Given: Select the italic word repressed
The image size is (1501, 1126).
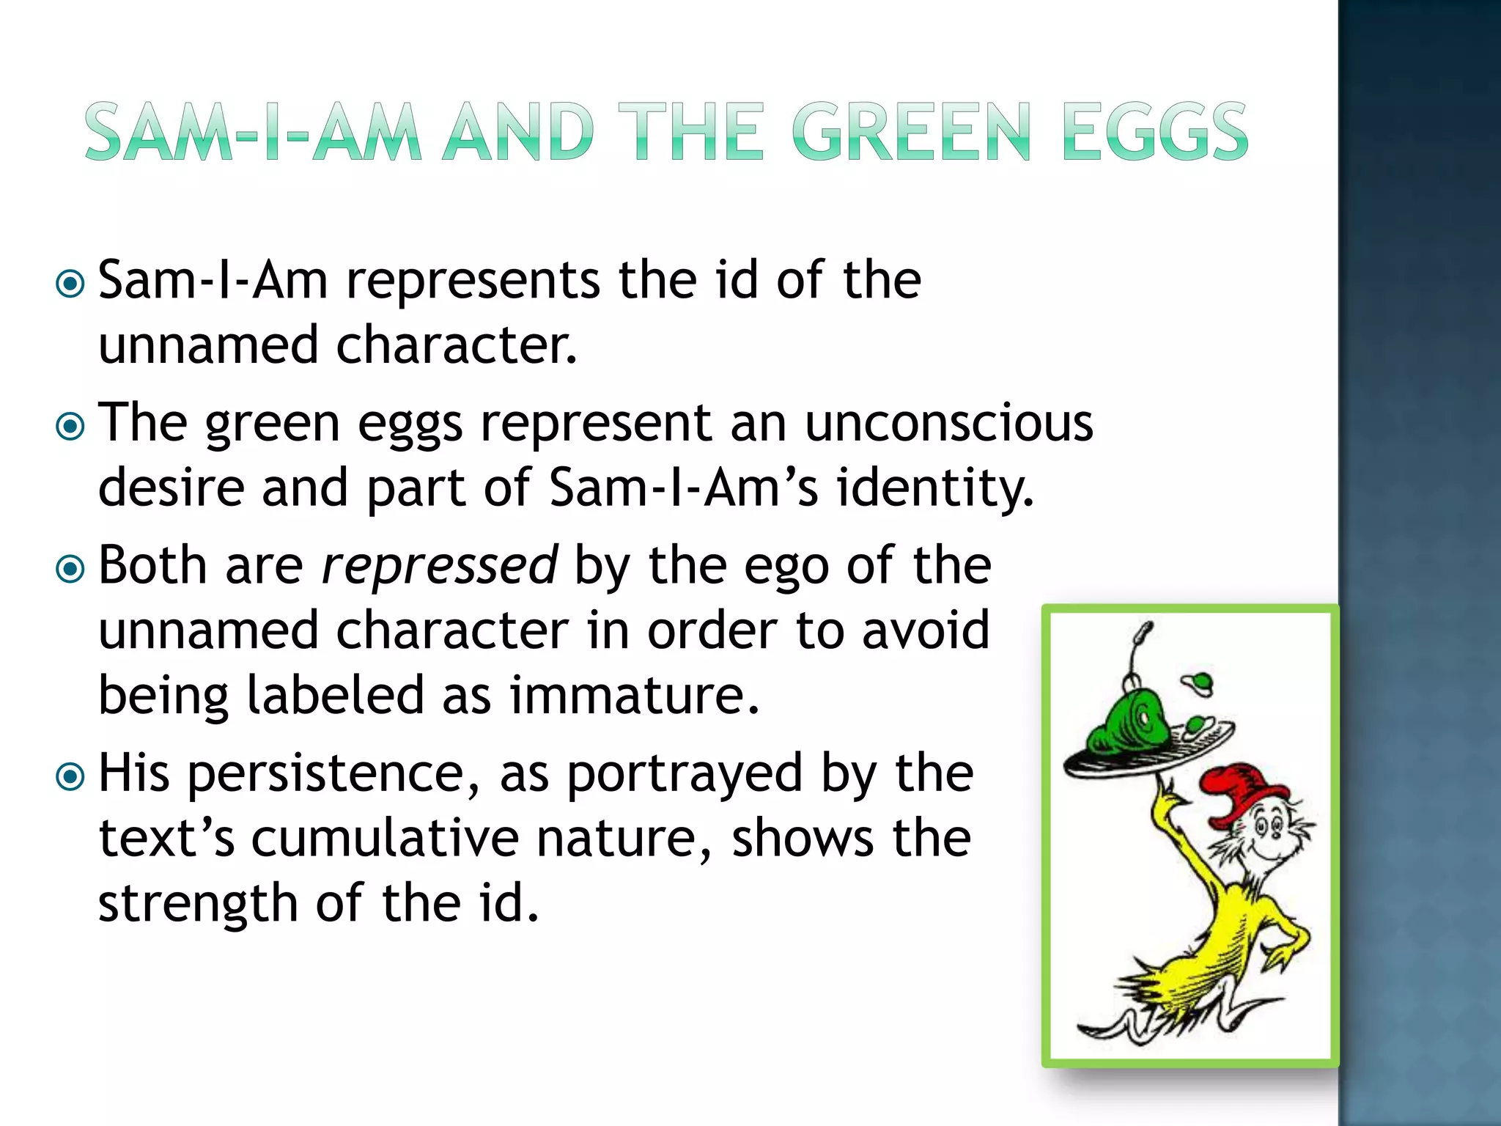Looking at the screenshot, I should [x=439, y=566].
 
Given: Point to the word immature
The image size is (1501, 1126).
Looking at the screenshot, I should [x=634, y=695].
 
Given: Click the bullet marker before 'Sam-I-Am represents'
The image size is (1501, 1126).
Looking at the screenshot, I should [x=70, y=284].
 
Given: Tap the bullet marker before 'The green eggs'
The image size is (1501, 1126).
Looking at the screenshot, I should [x=70, y=426].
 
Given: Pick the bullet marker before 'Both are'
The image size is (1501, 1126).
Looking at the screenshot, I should [x=70, y=568].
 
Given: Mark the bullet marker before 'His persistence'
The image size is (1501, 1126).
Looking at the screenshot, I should [x=70, y=776].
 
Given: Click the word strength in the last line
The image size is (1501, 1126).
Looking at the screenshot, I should [x=197, y=903].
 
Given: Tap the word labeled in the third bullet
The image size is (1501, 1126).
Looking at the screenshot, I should [x=335, y=695].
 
